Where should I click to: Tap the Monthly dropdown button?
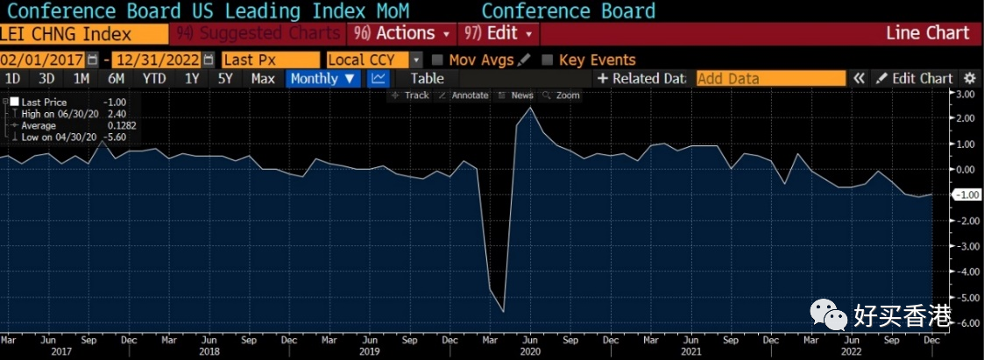tap(323, 78)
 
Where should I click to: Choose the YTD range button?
tap(154, 78)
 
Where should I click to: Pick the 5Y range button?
tap(225, 78)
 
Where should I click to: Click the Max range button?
tap(263, 78)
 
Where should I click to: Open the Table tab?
tap(428, 78)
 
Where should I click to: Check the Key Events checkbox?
tap(549, 60)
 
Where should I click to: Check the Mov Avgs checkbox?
tap(437, 60)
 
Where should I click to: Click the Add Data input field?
tap(770, 78)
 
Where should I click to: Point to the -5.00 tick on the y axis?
tap(966, 298)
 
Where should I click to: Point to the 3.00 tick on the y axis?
tap(966, 94)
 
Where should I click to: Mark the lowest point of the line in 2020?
tap(504, 311)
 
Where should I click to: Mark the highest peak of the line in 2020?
tap(530, 108)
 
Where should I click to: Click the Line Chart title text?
tap(928, 33)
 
